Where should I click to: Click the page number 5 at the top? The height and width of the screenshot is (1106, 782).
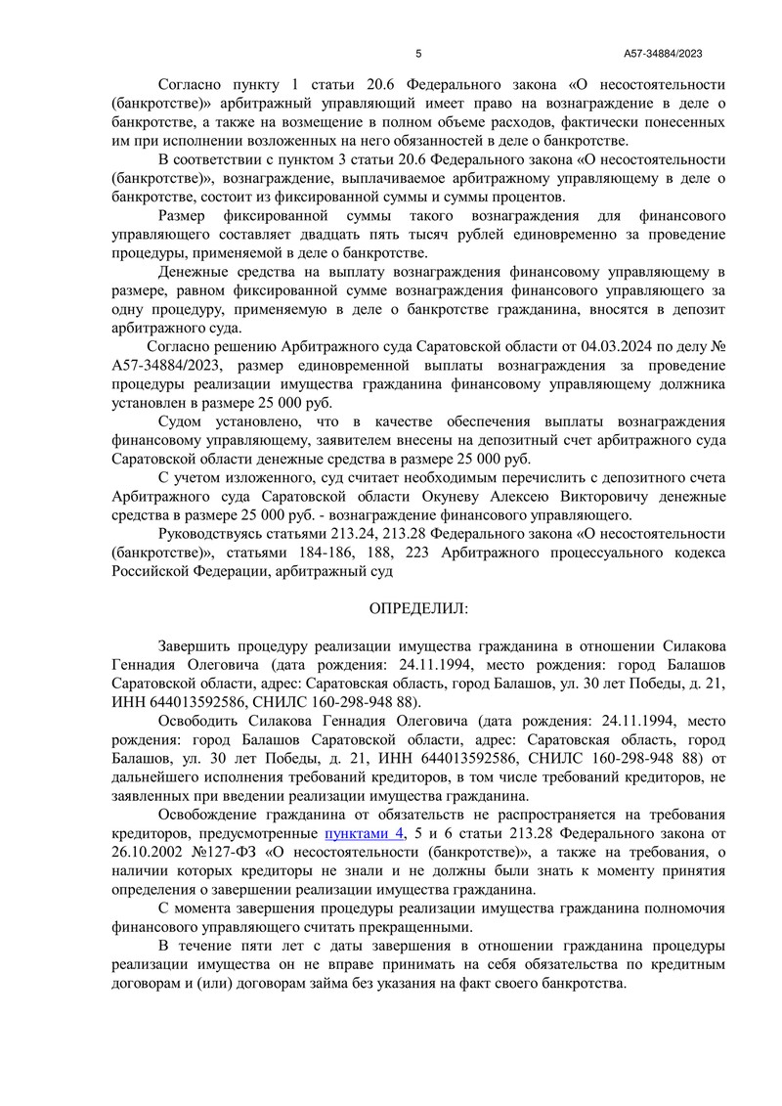[418, 54]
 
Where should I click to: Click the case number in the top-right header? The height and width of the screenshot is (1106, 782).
[664, 54]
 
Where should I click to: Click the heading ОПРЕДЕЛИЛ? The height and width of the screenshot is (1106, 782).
[418, 608]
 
